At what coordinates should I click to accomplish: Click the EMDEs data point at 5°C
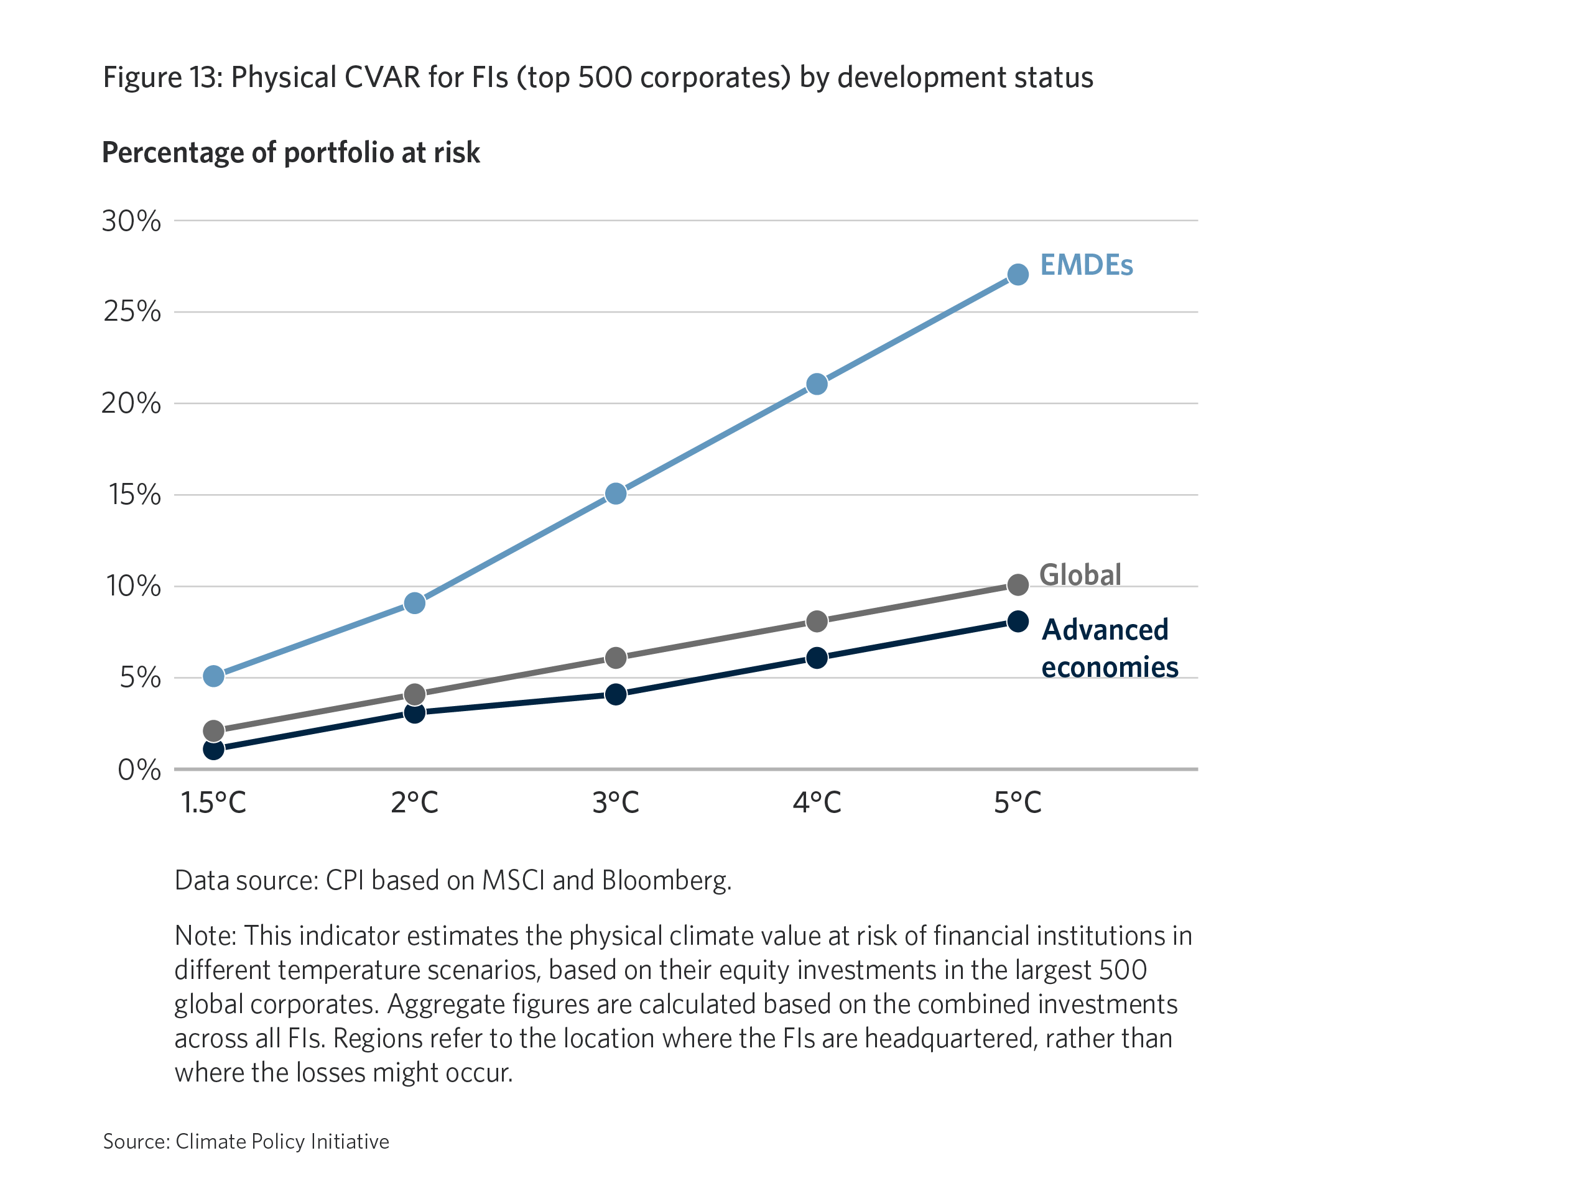point(1018,275)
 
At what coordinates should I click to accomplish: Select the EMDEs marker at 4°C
point(817,384)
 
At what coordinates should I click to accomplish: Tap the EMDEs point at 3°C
point(616,494)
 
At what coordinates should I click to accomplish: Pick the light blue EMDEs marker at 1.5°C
point(214,676)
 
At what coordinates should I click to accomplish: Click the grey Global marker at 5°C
point(1018,585)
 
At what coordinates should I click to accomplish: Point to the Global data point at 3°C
point(616,658)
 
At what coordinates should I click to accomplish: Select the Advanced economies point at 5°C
point(1018,622)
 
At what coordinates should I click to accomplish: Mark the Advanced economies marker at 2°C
point(414,712)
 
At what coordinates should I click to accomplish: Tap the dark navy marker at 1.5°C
point(214,750)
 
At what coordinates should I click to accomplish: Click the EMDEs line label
point(1086,265)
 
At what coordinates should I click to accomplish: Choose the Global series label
point(1080,575)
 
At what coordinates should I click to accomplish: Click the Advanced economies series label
point(1108,648)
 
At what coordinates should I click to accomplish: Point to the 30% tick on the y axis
point(131,221)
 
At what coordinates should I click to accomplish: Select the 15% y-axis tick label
point(134,495)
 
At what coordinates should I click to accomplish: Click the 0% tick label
point(139,769)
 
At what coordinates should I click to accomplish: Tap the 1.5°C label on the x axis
point(214,802)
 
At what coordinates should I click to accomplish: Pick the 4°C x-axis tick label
point(817,802)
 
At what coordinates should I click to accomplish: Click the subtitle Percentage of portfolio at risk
point(290,153)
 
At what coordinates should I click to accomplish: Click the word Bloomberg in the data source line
point(665,880)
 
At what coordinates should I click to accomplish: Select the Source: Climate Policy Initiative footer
point(246,1142)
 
